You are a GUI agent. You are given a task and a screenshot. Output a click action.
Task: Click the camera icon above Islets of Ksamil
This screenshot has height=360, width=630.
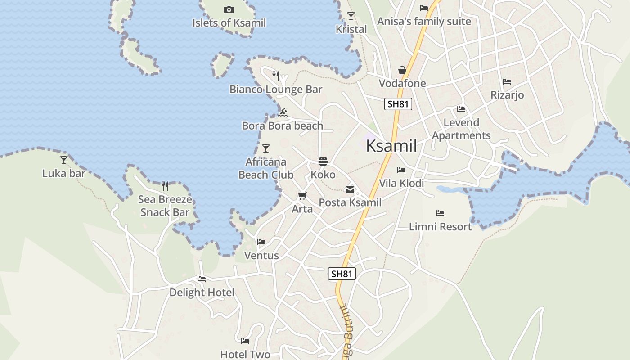click(229, 9)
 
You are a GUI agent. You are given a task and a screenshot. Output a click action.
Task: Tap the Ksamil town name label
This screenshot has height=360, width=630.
click(391, 146)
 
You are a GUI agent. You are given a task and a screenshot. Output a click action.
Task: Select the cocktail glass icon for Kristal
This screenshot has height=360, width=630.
click(351, 16)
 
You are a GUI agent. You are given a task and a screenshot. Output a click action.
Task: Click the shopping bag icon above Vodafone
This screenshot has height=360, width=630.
click(402, 70)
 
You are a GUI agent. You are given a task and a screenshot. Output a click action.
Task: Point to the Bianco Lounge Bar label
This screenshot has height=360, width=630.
click(276, 89)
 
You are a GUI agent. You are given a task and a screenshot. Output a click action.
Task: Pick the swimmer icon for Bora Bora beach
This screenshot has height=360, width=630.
click(283, 112)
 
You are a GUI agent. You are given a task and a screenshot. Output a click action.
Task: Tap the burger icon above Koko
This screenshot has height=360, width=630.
click(323, 161)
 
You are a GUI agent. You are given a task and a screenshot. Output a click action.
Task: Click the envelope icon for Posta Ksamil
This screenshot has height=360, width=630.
click(350, 190)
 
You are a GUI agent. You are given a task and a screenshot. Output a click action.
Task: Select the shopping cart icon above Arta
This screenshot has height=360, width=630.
click(302, 196)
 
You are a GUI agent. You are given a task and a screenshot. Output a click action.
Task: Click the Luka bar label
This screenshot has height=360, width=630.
click(64, 173)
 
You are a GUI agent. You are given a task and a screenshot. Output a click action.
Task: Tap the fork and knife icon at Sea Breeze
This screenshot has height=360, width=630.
click(165, 186)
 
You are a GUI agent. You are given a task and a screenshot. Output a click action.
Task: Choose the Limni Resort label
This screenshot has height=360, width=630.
click(440, 227)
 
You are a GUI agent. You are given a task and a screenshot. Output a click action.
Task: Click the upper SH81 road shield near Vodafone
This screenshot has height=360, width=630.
click(398, 104)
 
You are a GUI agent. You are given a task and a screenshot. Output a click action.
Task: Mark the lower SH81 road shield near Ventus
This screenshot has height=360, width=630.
click(342, 274)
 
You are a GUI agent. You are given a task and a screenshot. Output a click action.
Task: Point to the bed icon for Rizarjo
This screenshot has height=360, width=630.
click(507, 82)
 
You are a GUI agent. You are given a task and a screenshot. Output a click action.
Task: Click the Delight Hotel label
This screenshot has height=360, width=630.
click(202, 292)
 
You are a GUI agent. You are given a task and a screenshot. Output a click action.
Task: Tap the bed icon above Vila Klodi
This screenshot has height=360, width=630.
click(401, 170)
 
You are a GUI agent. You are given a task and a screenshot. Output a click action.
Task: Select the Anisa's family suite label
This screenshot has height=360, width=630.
click(424, 21)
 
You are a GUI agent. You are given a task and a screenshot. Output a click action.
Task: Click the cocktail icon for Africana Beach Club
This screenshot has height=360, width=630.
click(266, 148)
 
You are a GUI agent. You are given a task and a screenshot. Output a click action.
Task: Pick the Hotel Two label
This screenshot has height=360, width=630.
click(245, 354)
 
